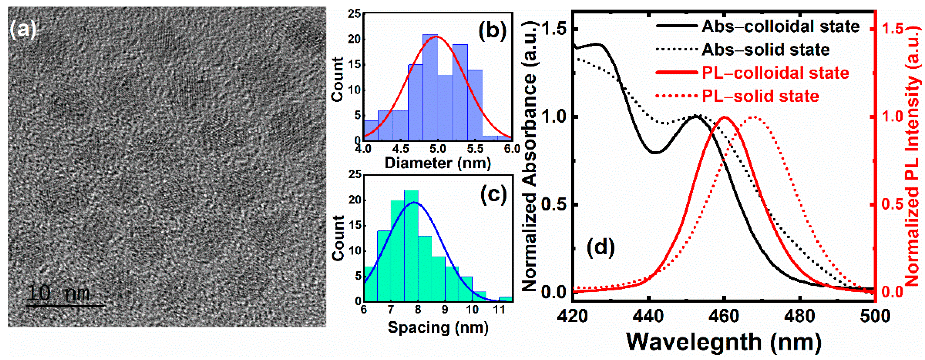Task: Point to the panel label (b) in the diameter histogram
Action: (492, 30)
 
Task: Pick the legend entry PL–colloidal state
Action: (775, 73)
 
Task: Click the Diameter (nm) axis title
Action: (437, 163)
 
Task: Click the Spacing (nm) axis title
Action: (438, 328)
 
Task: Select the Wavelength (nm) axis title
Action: (724, 342)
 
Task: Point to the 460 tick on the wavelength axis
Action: (724, 316)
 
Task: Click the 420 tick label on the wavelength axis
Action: (573, 316)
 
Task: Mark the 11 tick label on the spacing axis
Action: (499, 309)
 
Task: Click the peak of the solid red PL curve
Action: (725, 117)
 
